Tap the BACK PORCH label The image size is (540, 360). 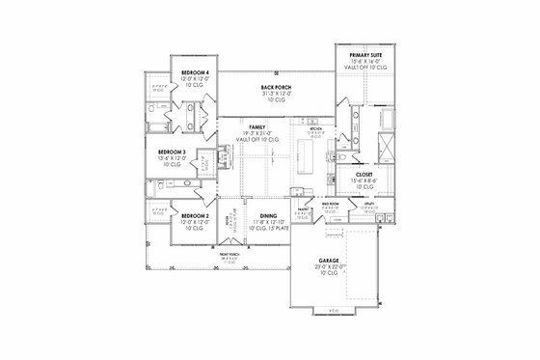pyautogui.click(x=276, y=88)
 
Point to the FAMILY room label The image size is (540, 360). pyautogui.click(x=256, y=127)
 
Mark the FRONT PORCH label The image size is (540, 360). pyautogui.click(x=229, y=254)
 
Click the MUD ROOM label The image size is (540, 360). pyautogui.click(x=328, y=205)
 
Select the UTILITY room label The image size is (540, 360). pyautogui.click(x=366, y=206)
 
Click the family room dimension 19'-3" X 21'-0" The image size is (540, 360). pyautogui.click(x=256, y=133)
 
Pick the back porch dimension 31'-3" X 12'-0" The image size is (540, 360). pyautogui.click(x=276, y=94)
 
